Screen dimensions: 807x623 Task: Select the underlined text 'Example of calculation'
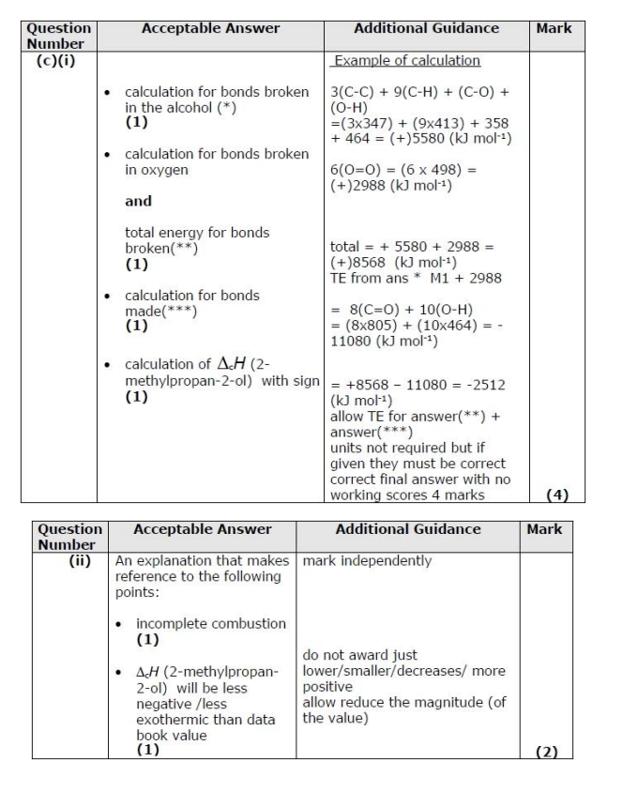(x=406, y=61)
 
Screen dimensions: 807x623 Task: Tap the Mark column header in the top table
(x=554, y=29)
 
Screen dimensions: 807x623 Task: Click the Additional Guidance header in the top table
(x=426, y=29)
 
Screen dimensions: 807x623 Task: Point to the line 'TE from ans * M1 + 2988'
(x=415, y=278)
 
